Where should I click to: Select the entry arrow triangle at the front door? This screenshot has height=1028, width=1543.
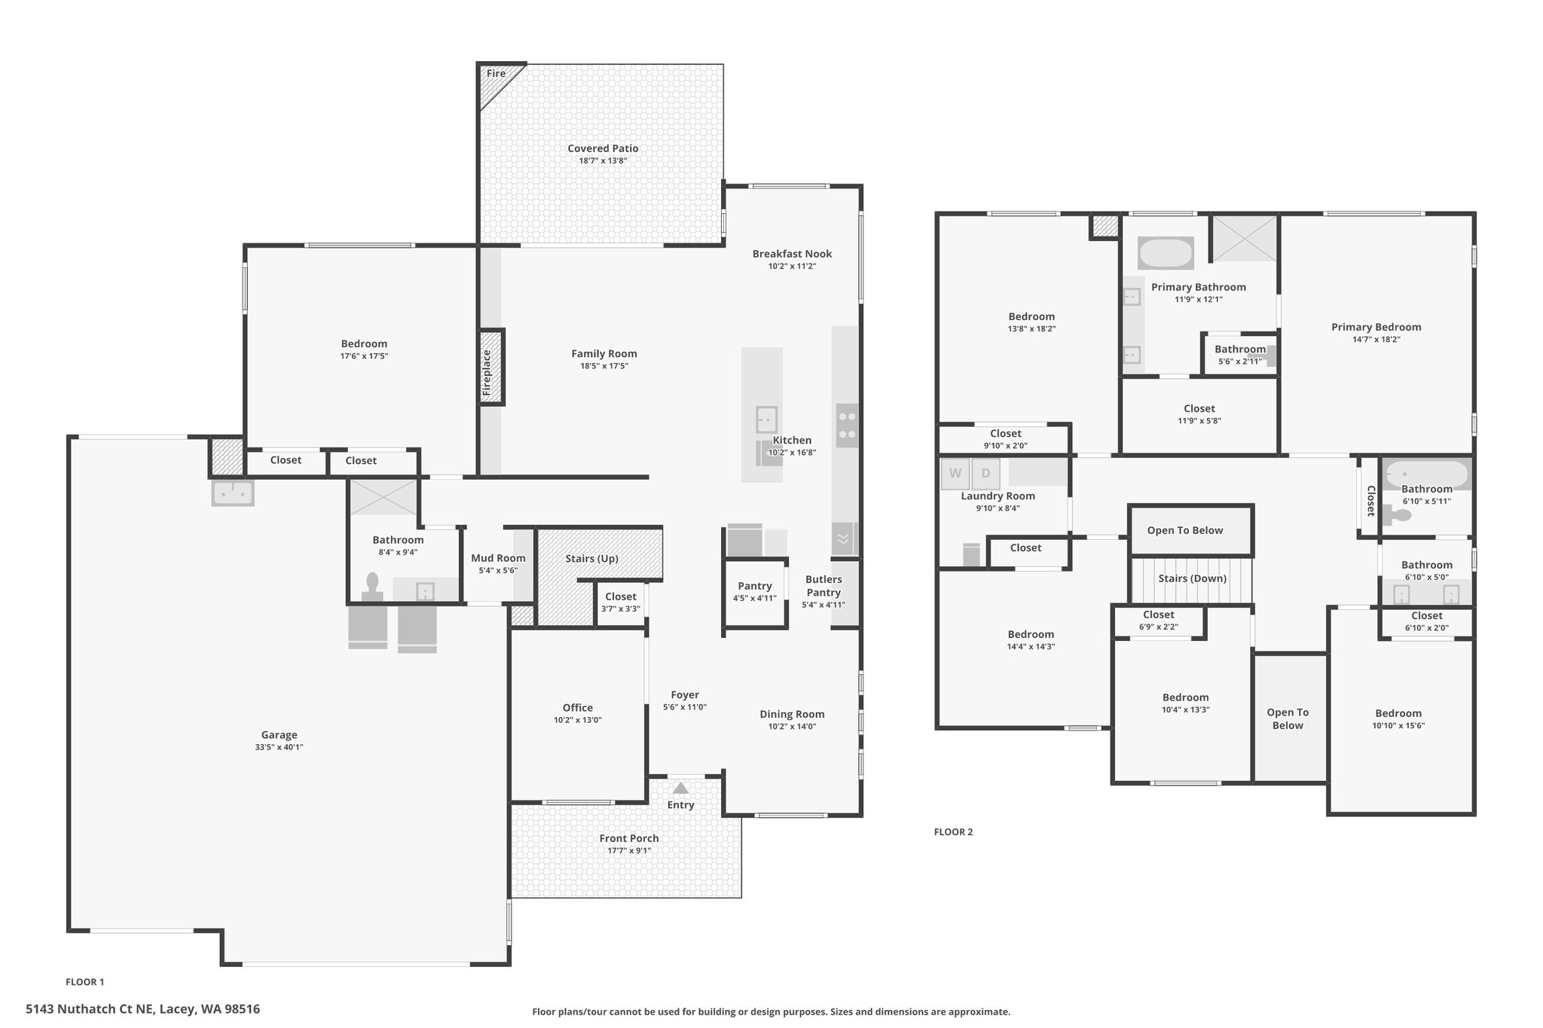tap(680, 788)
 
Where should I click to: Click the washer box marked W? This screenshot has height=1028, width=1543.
tap(955, 474)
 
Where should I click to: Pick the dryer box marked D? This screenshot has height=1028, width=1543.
tap(985, 474)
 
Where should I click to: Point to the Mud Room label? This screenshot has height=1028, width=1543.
tap(498, 558)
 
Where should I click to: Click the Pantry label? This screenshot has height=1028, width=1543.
tap(755, 586)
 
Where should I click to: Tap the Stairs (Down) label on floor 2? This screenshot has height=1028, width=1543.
tap(1193, 578)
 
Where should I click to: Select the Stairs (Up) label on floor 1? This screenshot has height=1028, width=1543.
tap(592, 559)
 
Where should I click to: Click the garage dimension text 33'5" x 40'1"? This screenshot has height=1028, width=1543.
tap(279, 747)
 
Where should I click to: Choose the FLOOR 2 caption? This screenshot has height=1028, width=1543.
tap(953, 832)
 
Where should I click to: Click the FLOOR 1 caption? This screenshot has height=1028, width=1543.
tap(85, 982)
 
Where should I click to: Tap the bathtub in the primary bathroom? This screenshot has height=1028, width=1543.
tap(1166, 253)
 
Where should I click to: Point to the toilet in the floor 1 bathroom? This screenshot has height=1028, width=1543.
tap(372, 587)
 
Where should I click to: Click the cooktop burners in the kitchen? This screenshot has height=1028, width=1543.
tap(847, 426)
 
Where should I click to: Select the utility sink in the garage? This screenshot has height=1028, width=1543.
tap(233, 493)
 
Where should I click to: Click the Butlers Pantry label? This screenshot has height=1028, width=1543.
tap(823, 586)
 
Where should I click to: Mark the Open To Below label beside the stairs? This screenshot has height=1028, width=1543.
tap(1185, 530)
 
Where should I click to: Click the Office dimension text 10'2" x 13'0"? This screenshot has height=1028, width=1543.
tap(578, 720)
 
